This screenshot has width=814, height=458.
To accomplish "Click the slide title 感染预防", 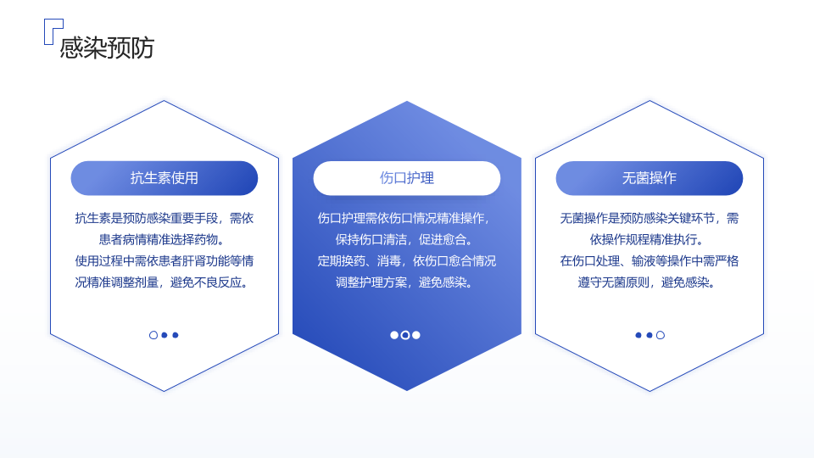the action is [107, 47].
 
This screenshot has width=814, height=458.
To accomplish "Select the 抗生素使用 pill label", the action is [164, 178].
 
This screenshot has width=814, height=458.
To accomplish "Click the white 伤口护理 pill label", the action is [406, 178].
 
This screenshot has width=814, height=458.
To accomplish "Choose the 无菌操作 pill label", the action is [649, 178].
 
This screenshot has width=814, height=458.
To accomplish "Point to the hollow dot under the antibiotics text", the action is [153, 335].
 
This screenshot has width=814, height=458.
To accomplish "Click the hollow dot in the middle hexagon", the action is [405, 335].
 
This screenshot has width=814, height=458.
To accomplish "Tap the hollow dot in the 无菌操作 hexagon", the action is [661, 335].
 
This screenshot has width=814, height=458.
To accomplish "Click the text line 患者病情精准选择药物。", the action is [162, 239].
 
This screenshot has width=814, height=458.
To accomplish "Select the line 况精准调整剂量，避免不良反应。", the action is [162, 282].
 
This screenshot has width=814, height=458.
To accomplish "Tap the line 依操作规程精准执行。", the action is [647, 239].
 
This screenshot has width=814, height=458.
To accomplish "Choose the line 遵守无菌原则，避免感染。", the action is [647, 282].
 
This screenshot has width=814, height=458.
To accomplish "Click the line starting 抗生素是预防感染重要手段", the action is [164, 218].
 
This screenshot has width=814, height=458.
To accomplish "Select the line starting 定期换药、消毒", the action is [406, 260].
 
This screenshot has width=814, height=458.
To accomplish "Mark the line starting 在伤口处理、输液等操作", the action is [649, 260].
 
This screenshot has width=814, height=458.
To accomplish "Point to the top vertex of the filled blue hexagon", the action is [407, 101].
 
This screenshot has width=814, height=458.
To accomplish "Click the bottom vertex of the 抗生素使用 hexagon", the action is [164, 391].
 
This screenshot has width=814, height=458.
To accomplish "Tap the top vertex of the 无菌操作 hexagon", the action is [650, 101].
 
